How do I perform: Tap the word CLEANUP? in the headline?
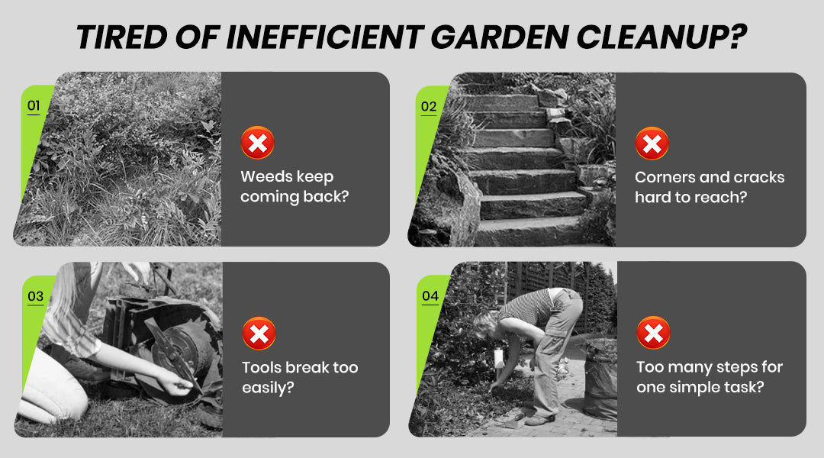pos(661,37)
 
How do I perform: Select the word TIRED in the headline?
pos(121,37)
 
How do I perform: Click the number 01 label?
pos(34,105)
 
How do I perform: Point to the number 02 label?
pos(429,107)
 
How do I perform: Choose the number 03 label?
pos(35,297)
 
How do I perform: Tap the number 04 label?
pos(430,296)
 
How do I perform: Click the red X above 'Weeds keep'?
pos(258,143)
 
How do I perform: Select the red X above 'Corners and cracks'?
pos(652,143)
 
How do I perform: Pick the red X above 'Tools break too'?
pos(259,334)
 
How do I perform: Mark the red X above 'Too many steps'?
pos(653,332)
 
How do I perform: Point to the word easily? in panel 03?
pos(268,388)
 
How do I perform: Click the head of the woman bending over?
pos(486,325)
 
